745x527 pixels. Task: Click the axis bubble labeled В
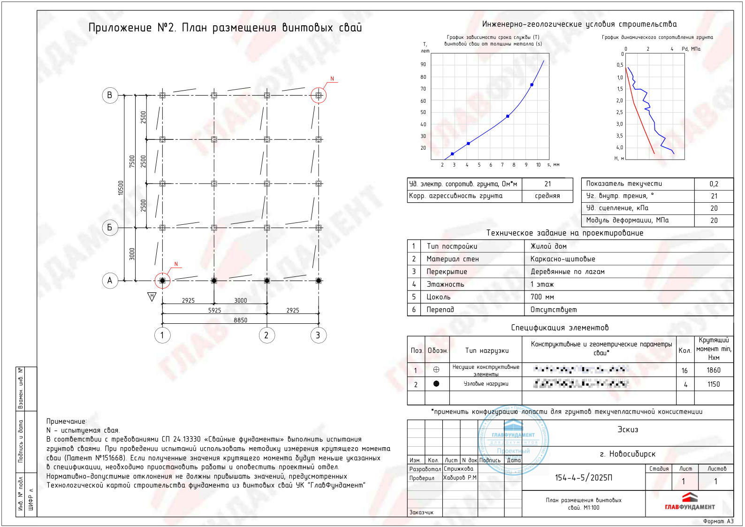(x=110, y=95)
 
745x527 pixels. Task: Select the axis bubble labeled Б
(x=110, y=228)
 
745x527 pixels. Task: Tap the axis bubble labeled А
(x=110, y=281)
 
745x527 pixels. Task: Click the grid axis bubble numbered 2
(x=266, y=335)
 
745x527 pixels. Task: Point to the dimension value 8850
(x=240, y=320)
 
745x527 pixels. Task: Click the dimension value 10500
(x=121, y=188)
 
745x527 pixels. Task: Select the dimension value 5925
(x=214, y=310)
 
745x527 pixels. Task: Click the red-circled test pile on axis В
(x=319, y=95)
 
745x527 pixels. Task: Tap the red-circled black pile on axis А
(x=162, y=281)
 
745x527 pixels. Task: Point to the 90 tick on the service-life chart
(x=423, y=64)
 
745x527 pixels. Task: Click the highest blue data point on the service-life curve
(x=532, y=85)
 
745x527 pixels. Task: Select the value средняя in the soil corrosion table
(x=547, y=196)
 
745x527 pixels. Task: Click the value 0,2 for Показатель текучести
(x=714, y=184)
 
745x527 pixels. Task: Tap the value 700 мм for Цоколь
(x=542, y=297)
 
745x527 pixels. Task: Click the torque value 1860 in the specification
(x=714, y=370)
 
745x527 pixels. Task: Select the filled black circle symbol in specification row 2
(x=436, y=384)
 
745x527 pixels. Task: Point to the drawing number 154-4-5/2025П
(x=583, y=478)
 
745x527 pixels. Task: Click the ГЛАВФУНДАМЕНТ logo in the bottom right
(x=690, y=502)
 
